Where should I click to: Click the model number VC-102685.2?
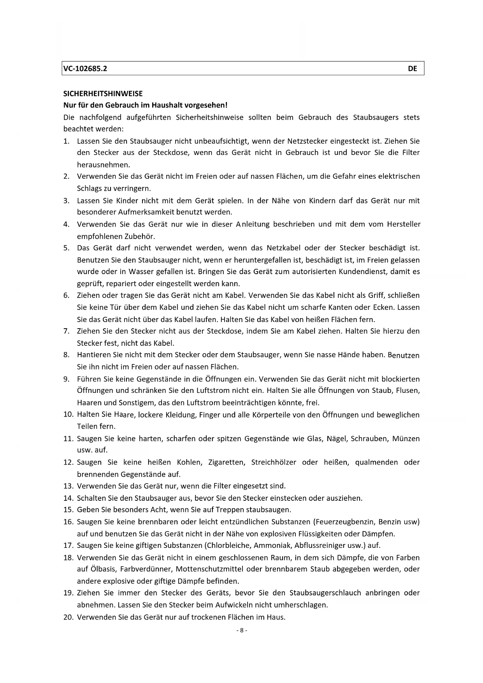click(85, 69)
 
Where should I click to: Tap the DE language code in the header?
click(412, 69)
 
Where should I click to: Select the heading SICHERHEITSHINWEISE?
click(103, 93)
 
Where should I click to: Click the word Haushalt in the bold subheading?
click(167, 105)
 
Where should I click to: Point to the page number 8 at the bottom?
click(241, 630)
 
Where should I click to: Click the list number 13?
click(68, 486)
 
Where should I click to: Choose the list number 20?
click(68, 617)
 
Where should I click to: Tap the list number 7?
click(67, 331)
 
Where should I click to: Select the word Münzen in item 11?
click(406, 438)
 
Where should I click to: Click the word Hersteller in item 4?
click(404, 224)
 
